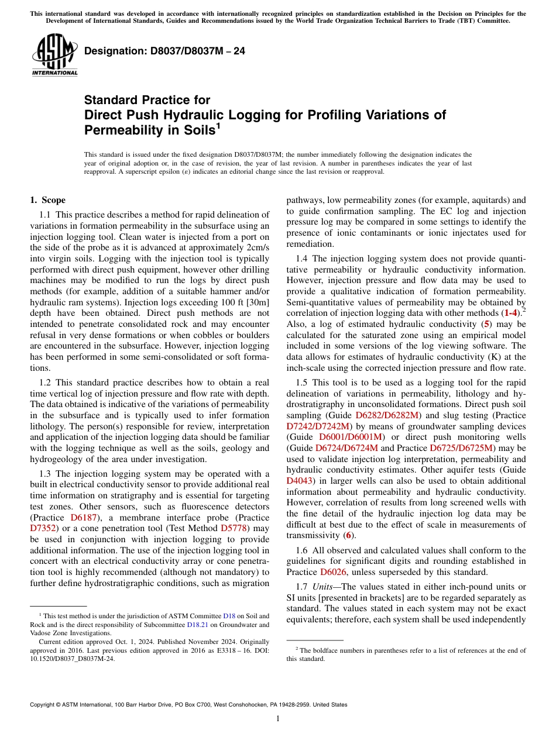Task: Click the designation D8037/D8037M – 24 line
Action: (x=164, y=51)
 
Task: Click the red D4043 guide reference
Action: (x=299, y=481)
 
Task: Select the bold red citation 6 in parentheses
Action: (x=348, y=535)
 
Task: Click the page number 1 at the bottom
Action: (x=278, y=719)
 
